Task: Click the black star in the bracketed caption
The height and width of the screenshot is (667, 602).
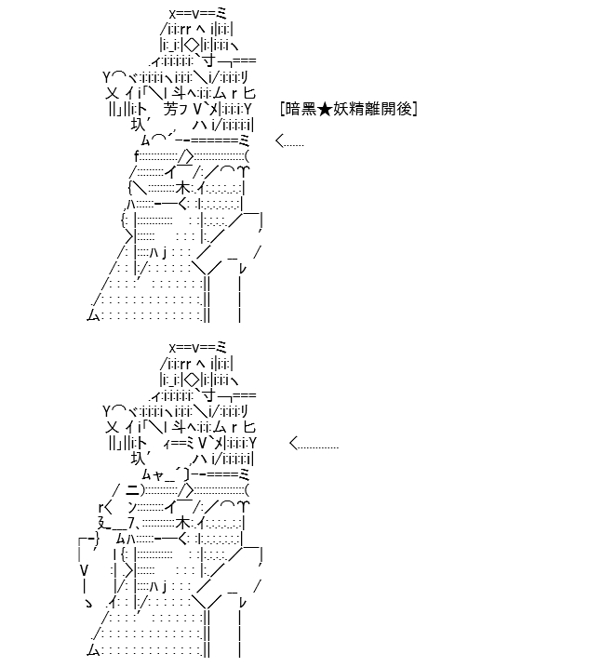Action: pos(325,110)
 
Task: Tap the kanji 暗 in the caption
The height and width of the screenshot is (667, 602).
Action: pos(293,110)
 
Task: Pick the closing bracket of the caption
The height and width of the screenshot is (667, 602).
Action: pos(415,110)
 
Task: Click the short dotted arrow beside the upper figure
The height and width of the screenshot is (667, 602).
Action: pos(289,140)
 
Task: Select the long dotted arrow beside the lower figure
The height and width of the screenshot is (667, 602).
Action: pos(314,444)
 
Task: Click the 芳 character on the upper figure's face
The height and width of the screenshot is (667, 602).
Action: pos(170,110)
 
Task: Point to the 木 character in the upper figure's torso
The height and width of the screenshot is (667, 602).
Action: pos(183,188)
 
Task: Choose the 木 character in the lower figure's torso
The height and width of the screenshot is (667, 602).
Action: pos(183,523)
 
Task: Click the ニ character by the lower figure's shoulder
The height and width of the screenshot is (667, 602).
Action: pos(133,490)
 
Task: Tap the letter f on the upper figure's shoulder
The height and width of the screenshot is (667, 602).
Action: pos(137,156)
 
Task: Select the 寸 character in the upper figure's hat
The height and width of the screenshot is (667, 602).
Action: pos(209,61)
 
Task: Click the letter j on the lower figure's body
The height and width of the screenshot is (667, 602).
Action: pos(165,587)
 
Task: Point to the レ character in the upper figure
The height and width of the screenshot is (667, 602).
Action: pos(243,269)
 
